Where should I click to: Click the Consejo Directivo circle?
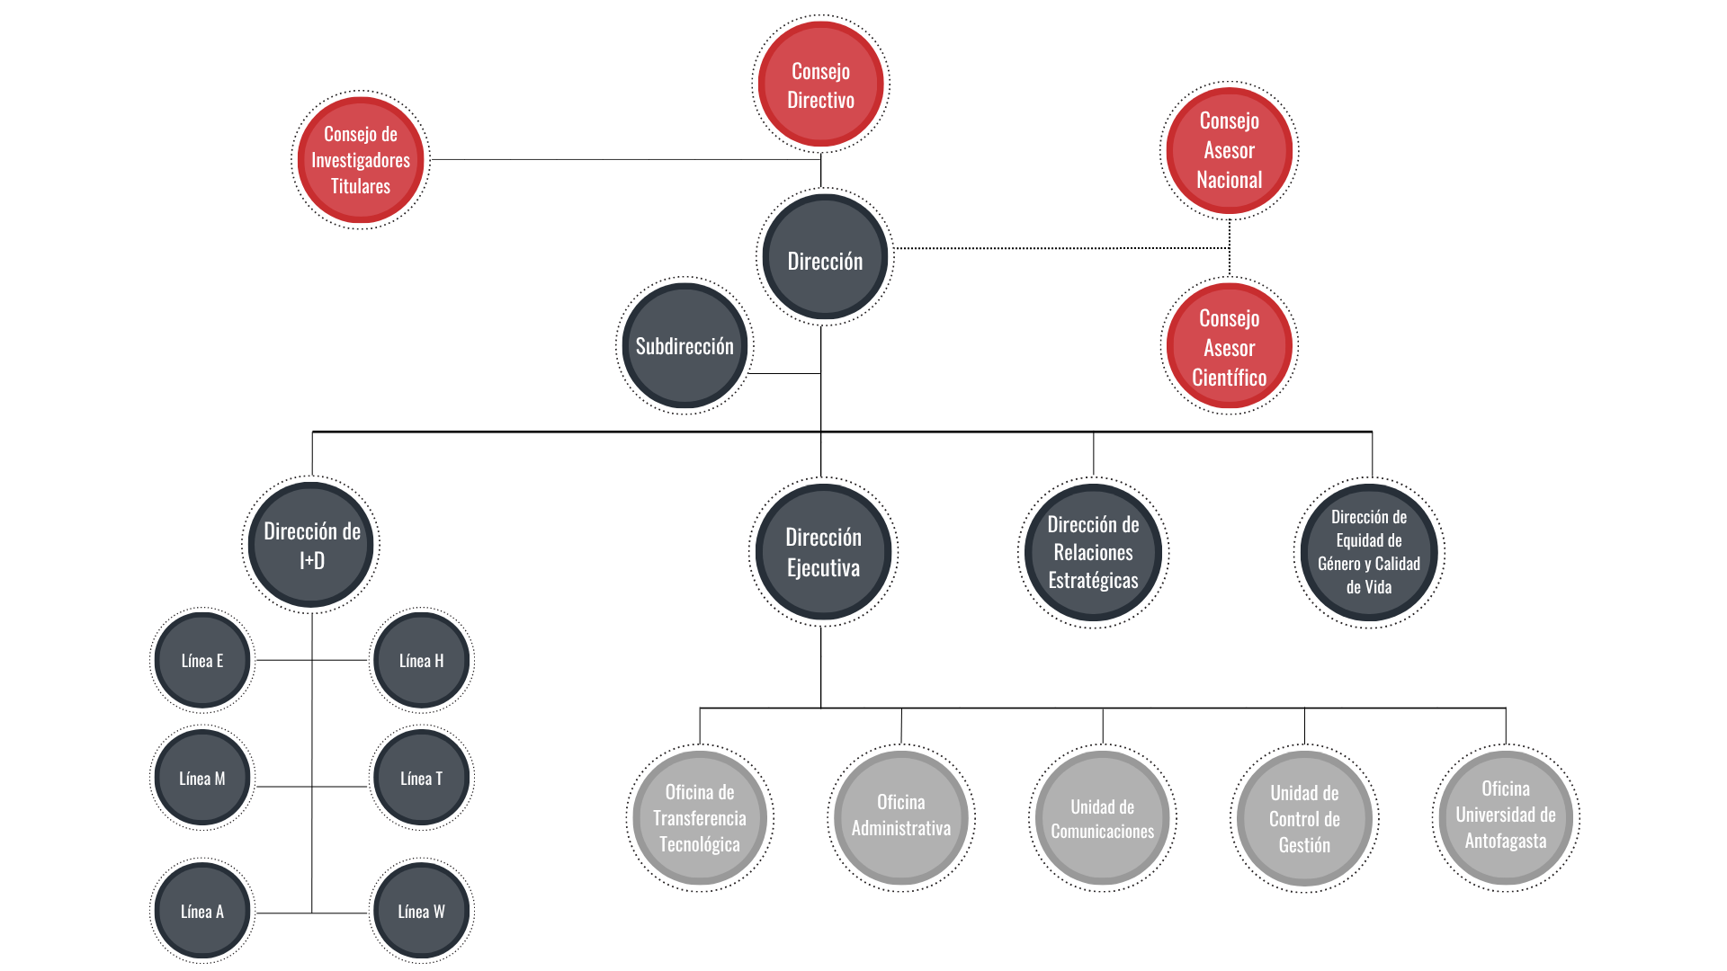point(820,84)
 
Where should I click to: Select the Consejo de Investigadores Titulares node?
point(361,160)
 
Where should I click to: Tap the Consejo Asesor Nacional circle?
point(1229,150)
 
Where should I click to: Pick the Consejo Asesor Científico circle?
point(1229,346)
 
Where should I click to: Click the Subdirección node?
point(685,346)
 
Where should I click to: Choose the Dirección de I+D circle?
point(311,545)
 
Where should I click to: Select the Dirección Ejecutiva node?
point(823,552)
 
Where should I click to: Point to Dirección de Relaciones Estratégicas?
point(1093,552)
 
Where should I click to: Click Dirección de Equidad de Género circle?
point(1369,552)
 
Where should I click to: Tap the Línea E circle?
point(202,661)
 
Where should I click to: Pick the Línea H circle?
point(421,661)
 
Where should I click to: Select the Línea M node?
point(202,779)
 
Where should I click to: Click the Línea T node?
point(421,779)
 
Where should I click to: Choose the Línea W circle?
point(421,912)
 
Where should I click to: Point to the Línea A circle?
point(202,912)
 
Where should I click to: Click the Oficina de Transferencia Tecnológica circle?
point(700,818)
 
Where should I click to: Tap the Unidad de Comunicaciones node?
point(1103,818)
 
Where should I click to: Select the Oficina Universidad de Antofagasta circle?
point(1506,818)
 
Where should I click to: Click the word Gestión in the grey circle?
point(1304,845)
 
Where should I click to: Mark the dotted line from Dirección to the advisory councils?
point(1061,248)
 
